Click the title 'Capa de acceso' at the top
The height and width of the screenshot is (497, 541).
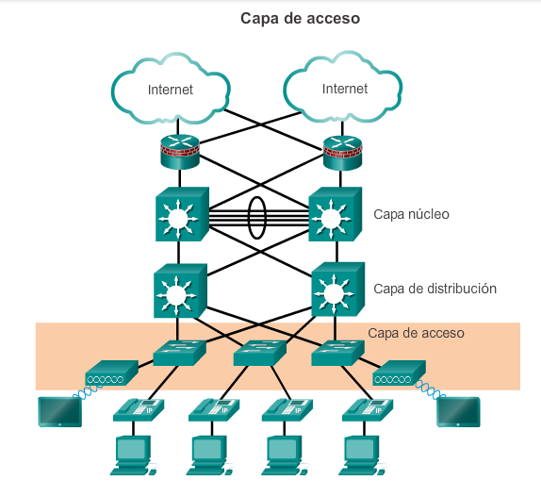(300, 19)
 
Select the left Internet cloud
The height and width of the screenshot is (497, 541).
(171, 89)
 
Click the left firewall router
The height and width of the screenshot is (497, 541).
(180, 152)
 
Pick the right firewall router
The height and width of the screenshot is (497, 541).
(343, 153)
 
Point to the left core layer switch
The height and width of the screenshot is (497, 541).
(182, 214)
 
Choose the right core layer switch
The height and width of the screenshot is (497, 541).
(335, 214)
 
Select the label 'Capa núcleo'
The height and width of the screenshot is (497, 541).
(411, 214)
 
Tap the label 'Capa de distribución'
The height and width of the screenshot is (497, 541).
(434, 289)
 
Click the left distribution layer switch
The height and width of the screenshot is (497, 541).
(180, 290)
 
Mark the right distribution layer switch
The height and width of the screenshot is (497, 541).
(338, 290)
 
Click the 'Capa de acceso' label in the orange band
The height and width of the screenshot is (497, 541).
(416, 333)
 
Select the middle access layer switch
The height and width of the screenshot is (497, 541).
(260, 353)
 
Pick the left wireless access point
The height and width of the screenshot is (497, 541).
(112, 373)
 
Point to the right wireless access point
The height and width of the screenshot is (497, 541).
(399, 373)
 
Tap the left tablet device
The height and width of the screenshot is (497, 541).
(60, 412)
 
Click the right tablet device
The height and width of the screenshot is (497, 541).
(458, 412)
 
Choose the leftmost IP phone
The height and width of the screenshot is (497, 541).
(139, 410)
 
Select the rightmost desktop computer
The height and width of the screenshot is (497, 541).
(362, 456)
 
